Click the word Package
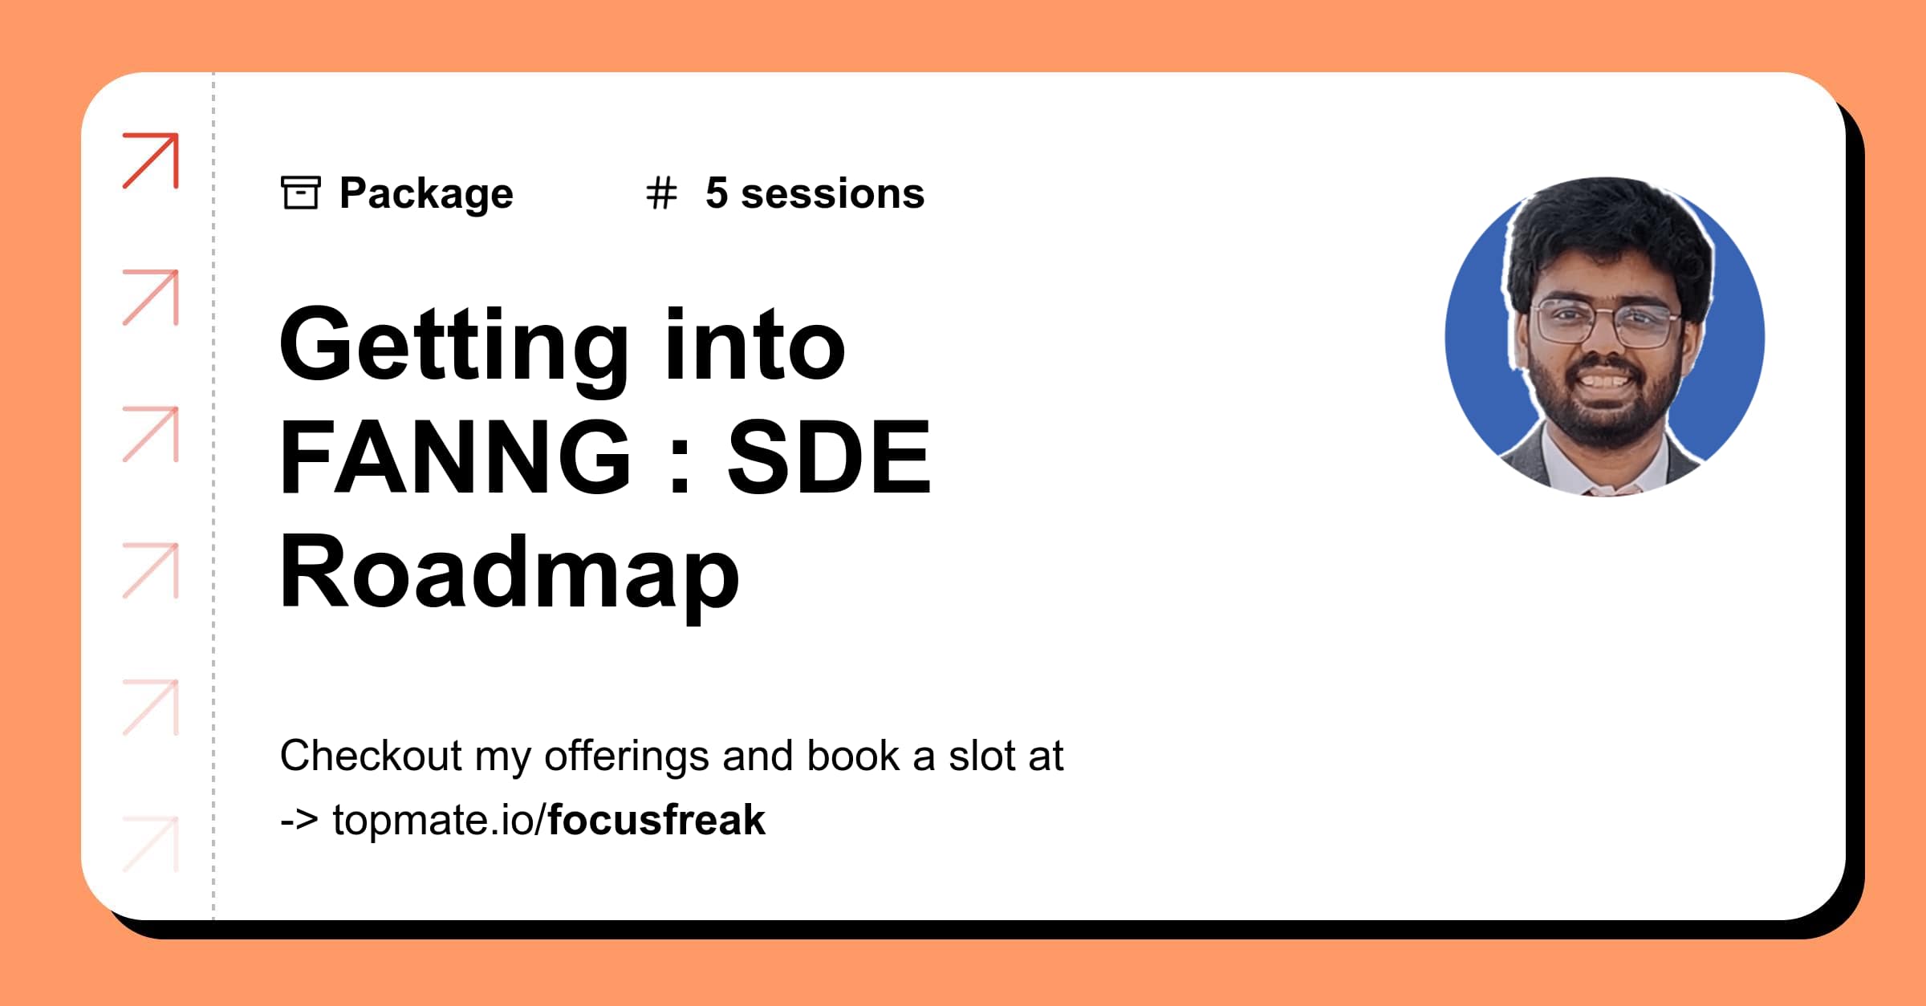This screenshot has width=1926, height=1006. (x=426, y=194)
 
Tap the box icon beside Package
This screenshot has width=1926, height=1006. (x=300, y=193)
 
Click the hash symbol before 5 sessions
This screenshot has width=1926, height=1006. (x=661, y=194)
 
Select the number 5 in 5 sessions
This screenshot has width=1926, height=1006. (x=717, y=193)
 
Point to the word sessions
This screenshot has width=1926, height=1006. (x=832, y=194)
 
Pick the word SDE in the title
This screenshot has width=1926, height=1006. (x=828, y=457)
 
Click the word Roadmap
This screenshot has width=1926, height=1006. (x=509, y=574)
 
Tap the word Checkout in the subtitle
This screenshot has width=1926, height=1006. (x=371, y=756)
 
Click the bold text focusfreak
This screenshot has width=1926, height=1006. (x=656, y=820)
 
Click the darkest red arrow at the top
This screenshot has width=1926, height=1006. (x=151, y=160)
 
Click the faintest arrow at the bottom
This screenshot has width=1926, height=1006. (x=151, y=844)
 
